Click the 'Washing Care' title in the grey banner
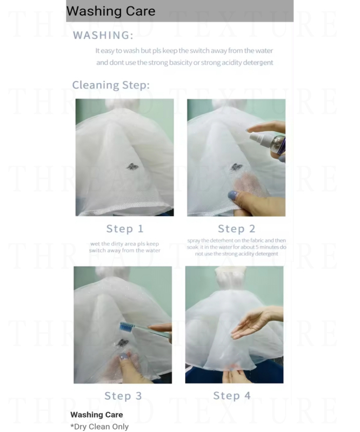coord(111,11)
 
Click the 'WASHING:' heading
coord(103,35)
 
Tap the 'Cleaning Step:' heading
coord(111,85)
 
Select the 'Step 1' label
coord(125,228)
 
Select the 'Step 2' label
coord(237,228)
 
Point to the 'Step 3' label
coord(123,396)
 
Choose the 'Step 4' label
coord(232,396)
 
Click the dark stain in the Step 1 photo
coord(132,166)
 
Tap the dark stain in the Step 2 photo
coord(236,167)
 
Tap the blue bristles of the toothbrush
coord(126,327)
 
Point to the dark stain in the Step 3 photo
coord(122,343)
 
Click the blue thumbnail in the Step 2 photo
coord(233,195)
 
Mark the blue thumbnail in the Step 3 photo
coord(124,356)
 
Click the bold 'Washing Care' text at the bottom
coord(97,415)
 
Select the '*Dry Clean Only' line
coord(99,427)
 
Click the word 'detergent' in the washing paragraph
coord(258,63)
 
